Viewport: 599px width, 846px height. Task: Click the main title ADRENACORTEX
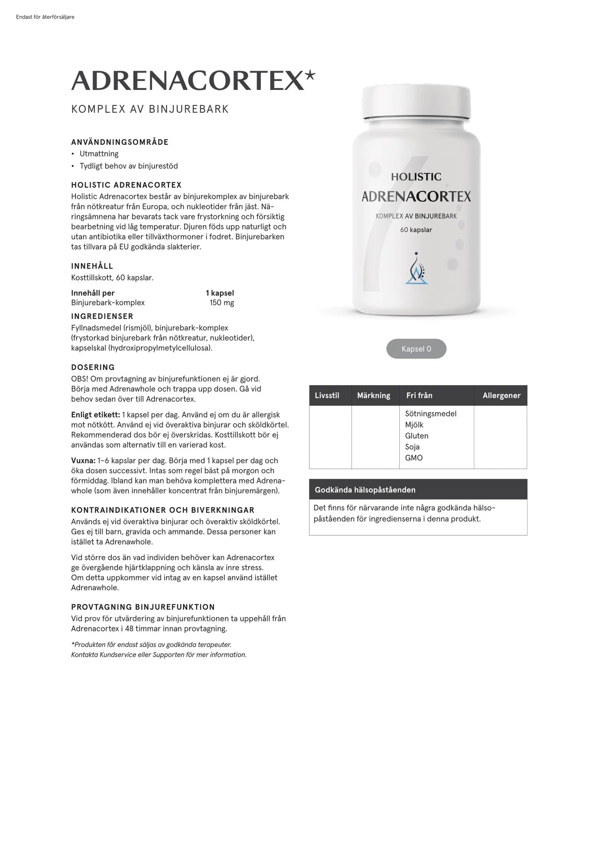point(188,81)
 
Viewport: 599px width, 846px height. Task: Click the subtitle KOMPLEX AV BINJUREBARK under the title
point(150,109)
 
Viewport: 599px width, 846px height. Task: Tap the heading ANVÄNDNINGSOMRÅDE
point(120,142)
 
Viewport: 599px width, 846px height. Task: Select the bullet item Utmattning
point(99,154)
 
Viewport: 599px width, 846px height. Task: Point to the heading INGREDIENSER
point(102,316)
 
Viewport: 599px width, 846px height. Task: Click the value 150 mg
point(221,303)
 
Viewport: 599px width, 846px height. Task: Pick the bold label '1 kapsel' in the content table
point(220,293)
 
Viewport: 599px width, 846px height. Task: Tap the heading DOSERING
point(93,367)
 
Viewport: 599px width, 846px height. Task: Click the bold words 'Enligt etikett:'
point(95,415)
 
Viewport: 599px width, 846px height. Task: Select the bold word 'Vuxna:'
point(83,460)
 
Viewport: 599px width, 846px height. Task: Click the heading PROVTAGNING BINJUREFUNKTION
point(143,607)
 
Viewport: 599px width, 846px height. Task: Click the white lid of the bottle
point(416,101)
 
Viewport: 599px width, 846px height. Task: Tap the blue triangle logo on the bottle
point(416,270)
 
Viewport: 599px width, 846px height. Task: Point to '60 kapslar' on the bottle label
point(416,230)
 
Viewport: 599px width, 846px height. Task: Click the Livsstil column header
point(327,395)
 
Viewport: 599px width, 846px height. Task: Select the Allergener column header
point(501,395)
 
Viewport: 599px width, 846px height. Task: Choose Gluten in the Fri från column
point(417,436)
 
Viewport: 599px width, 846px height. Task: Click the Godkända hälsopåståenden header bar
point(418,490)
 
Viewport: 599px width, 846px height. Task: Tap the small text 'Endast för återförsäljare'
point(45,17)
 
